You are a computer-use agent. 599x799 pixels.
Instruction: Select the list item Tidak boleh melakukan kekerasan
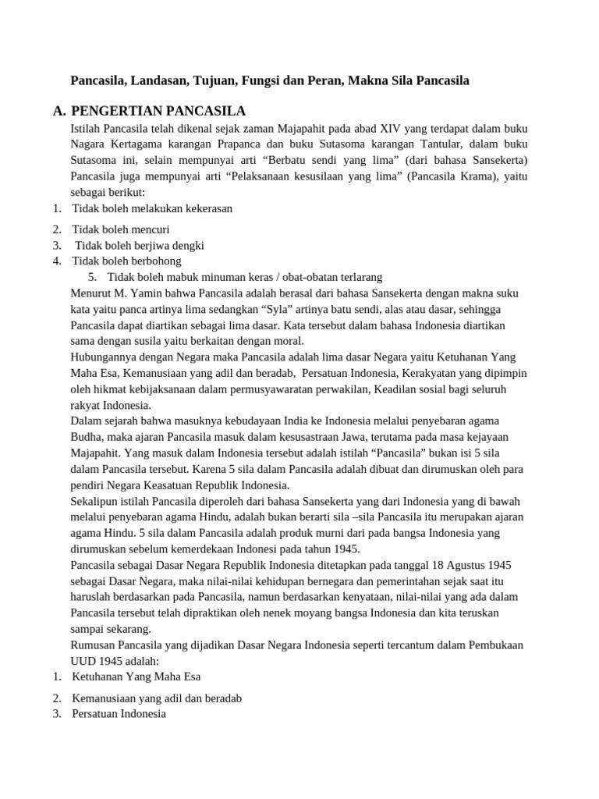[152, 208]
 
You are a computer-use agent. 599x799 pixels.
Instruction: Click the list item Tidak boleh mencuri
[121, 229]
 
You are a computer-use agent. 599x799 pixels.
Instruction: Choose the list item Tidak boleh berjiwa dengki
[139, 245]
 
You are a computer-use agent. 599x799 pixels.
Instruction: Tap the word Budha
[85, 437]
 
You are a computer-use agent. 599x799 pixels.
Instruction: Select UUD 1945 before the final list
[97, 661]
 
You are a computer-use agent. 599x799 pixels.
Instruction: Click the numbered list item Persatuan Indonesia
[119, 714]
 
